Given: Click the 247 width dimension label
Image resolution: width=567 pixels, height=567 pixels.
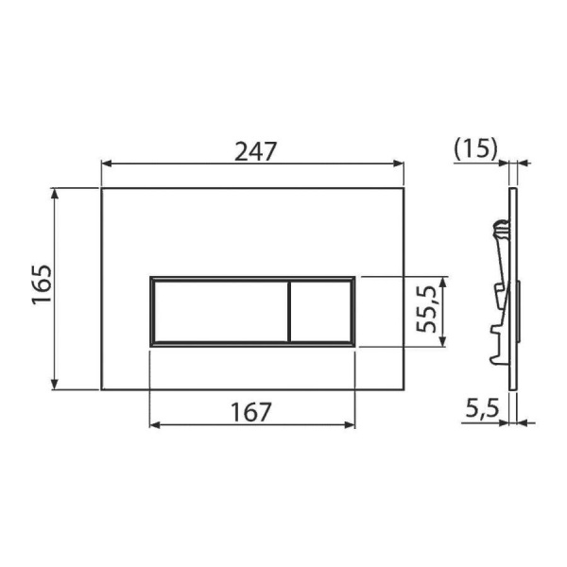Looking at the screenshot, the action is (x=256, y=151).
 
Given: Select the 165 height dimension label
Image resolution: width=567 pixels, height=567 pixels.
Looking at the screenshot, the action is (x=42, y=285).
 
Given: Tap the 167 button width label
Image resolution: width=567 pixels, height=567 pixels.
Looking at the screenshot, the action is (x=250, y=412).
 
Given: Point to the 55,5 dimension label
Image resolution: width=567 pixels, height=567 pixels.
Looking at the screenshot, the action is (x=425, y=309).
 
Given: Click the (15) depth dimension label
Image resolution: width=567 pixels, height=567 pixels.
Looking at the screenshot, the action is (x=475, y=148).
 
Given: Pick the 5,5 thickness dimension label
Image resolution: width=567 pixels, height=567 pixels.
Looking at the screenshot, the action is (x=482, y=407).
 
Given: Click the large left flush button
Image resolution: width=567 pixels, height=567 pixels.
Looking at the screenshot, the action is (x=221, y=311).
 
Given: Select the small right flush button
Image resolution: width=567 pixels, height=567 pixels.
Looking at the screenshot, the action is (x=320, y=311).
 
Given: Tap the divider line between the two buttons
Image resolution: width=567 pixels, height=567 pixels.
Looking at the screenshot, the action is (x=289, y=311).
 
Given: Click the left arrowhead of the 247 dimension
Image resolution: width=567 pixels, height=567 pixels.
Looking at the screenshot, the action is (x=106, y=163).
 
